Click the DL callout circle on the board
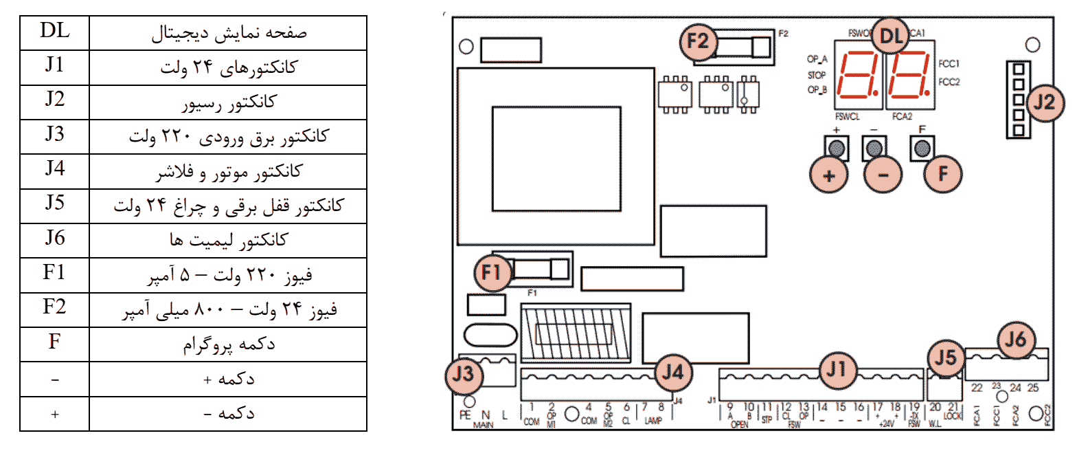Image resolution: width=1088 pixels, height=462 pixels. [891, 36]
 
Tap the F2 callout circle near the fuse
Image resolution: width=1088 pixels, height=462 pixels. [698, 41]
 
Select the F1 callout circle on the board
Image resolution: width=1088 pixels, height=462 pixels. [492, 272]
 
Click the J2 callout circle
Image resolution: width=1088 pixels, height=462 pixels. [1044, 102]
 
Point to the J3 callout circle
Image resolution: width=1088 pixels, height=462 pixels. [463, 374]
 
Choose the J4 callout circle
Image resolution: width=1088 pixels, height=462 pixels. [672, 373]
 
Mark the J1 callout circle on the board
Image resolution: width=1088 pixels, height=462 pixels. [837, 369]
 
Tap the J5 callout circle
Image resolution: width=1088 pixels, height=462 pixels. [946, 357]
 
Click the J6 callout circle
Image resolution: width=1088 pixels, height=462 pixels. [1015, 339]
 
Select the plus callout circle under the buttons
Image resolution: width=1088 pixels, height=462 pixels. [829, 175]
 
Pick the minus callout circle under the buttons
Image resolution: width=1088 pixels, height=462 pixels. [883, 175]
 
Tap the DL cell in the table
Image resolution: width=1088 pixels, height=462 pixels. [55, 32]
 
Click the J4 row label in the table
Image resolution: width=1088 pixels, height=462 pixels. [55, 169]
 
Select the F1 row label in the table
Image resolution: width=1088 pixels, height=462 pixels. [55, 273]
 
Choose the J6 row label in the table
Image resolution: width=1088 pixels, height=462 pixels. [55, 239]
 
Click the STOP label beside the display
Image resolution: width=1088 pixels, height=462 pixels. [817, 75]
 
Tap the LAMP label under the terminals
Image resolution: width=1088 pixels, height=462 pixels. [653, 421]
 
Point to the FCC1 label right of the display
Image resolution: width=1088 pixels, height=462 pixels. [949, 64]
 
